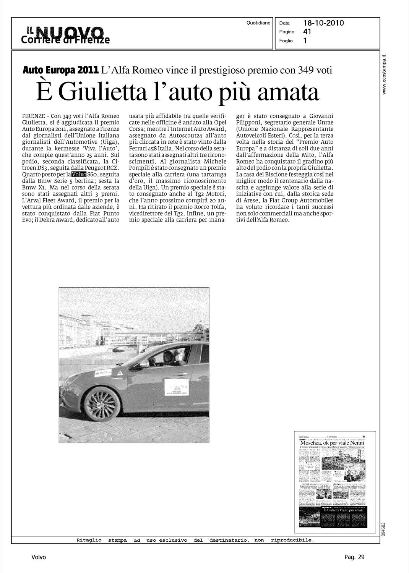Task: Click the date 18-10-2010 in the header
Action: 324,23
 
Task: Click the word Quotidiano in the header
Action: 258,23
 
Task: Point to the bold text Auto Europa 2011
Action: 61,70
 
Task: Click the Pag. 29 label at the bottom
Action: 354,557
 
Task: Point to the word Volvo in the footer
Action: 39,557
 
